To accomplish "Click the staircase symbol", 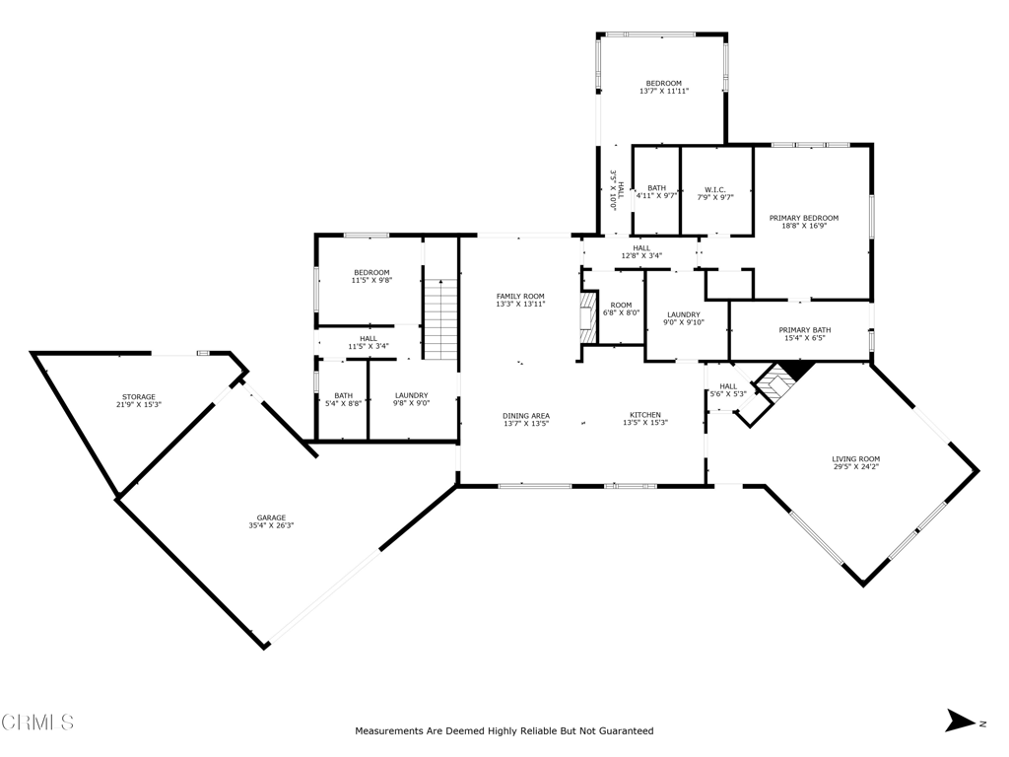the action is [x=440, y=319].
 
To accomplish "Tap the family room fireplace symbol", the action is [x=588, y=320].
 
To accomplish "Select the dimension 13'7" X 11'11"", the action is [x=664, y=92].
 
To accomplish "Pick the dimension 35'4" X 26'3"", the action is [x=271, y=525].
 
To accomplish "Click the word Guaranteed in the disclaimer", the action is [x=627, y=730].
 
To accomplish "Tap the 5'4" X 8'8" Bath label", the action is [x=344, y=400].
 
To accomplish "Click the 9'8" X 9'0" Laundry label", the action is [x=411, y=400].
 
